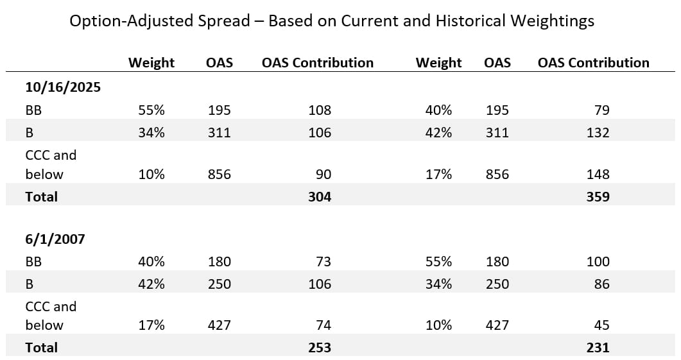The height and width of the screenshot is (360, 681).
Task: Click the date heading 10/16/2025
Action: (63, 87)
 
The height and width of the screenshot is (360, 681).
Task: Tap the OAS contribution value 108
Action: (320, 110)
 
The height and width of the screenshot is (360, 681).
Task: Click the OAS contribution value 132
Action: (598, 133)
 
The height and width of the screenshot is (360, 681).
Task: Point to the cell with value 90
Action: (323, 174)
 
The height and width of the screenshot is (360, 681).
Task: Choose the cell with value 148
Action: (598, 174)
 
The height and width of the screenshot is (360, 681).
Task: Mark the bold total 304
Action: (319, 197)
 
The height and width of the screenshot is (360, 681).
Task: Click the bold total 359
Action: (598, 197)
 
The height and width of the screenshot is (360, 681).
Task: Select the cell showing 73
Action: (323, 261)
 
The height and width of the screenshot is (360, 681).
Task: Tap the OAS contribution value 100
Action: (598, 261)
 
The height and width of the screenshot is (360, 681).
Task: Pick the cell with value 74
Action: (323, 325)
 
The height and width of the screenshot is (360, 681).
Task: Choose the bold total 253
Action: (319, 348)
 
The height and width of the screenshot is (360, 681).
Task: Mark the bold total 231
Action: (598, 348)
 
